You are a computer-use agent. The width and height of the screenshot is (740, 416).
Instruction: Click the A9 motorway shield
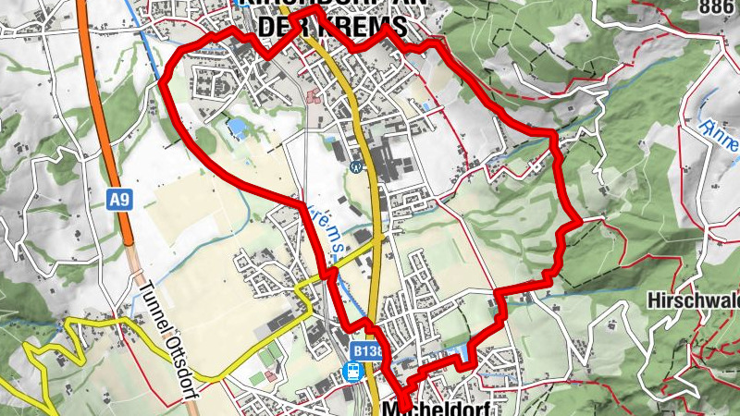[x=117, y=199]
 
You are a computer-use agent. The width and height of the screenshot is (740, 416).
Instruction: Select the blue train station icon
[x=352, y=371]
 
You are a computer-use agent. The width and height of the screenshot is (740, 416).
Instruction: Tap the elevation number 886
[x=717, y=7]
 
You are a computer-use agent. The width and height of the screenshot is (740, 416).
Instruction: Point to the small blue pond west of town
[x=238, y=128]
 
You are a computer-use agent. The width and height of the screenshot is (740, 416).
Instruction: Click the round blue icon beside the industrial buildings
[x=356, y=166]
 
